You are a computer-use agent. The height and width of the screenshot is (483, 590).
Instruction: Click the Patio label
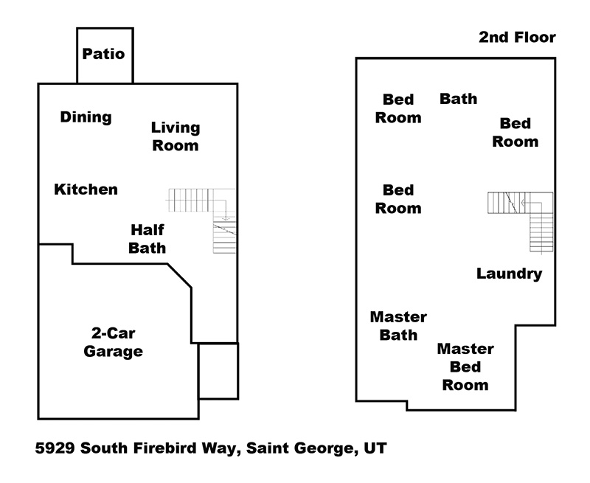(x=103, y=54)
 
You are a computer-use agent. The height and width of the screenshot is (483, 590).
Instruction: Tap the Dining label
(x=86, y=117)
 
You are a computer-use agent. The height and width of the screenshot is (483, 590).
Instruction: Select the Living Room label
(x=176, y=136)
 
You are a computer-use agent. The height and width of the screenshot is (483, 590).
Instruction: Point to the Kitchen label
(x=86, y=190)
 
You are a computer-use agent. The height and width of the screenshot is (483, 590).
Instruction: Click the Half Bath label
(x=147, y=239)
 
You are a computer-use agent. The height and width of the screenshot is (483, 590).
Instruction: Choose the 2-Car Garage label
(x=114, y=342)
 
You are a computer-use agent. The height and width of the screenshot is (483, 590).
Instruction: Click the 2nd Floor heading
(x=517, y=38)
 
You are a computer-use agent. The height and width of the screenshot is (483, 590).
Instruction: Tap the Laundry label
(x=509, y=274)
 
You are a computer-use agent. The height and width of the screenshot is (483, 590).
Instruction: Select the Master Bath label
(x=398, y=326)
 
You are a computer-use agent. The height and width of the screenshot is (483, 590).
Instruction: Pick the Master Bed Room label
(x=465, y=366)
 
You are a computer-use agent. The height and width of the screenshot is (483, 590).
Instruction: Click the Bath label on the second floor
(x=458, y=99)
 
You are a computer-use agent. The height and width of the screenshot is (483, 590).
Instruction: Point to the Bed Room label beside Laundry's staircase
(x=515, y=133)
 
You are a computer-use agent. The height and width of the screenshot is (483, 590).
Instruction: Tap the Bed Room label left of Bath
(x=398, y=108)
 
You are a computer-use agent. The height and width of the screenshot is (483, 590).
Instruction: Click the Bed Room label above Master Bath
(x=398, y=199)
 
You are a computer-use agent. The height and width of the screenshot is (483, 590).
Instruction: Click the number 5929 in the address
(x=55, y=448)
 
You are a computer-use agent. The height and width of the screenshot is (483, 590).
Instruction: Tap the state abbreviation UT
(x=375, y=448)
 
